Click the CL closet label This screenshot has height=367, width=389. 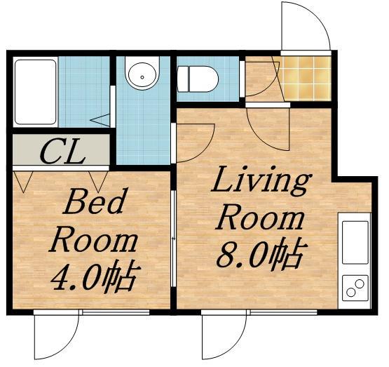[x=62, y=152]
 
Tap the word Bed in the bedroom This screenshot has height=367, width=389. [x=93, y=201]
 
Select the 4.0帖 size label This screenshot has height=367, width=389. [x=95, y=277]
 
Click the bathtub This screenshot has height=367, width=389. [x=35, y=92]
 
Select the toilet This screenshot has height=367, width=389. [x=198, y=79]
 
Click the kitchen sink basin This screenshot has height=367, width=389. [x=355, y=242]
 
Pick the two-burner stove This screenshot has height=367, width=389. [x=355, y=288]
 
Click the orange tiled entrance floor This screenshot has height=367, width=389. [x=306, y=79]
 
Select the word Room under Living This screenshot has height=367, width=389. [x=259, y=220]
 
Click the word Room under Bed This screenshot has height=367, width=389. [x=93, y=241]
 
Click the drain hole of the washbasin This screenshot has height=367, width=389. [x=142, y=77]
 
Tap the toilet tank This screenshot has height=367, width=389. [x=183, y=79]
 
